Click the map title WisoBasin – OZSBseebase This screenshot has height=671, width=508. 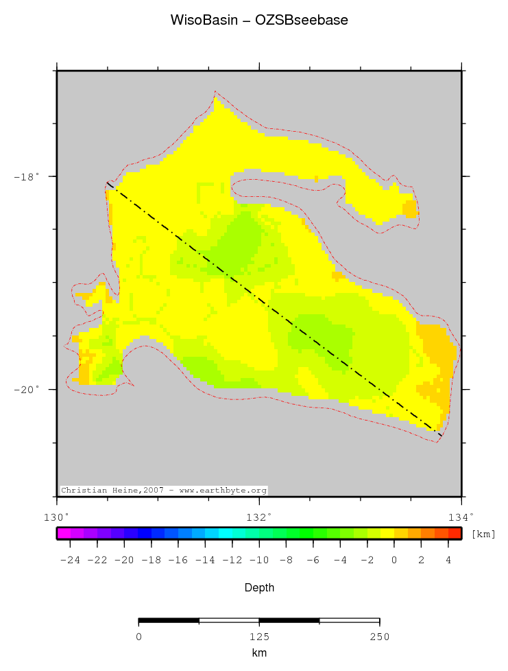259,21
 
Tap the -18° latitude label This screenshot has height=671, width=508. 27,176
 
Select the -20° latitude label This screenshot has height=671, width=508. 27,390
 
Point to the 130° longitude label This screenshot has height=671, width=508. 57,516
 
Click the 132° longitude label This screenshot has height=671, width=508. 259,516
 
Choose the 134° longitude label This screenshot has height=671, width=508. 461,516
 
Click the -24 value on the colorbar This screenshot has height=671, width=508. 70,560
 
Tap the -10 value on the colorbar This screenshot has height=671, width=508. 259,560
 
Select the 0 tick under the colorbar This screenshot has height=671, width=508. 394,560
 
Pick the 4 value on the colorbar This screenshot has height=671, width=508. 448,560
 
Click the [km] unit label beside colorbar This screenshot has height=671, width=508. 483,534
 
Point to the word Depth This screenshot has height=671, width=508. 259,588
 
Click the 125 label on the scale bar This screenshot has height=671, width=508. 259,637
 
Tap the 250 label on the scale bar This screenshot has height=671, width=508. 379,637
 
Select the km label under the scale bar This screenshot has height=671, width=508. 259,653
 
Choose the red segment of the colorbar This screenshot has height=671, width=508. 455,533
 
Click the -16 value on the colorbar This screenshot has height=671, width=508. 178,560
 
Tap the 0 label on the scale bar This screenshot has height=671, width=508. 138,637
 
